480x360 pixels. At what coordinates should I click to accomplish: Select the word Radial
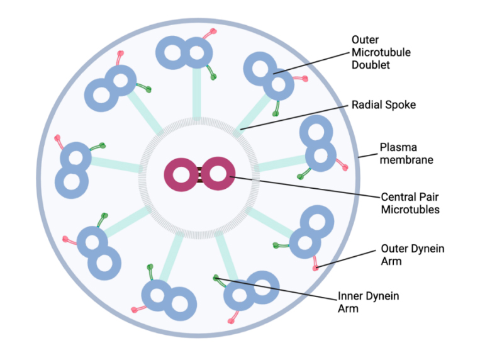(368, 105)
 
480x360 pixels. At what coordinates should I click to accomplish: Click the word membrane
(406, 160)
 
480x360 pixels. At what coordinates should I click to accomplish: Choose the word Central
(399, 197)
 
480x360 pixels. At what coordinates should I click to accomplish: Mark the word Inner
(351, 296)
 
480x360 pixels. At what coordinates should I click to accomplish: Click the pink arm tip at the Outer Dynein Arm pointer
(315, 269)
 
